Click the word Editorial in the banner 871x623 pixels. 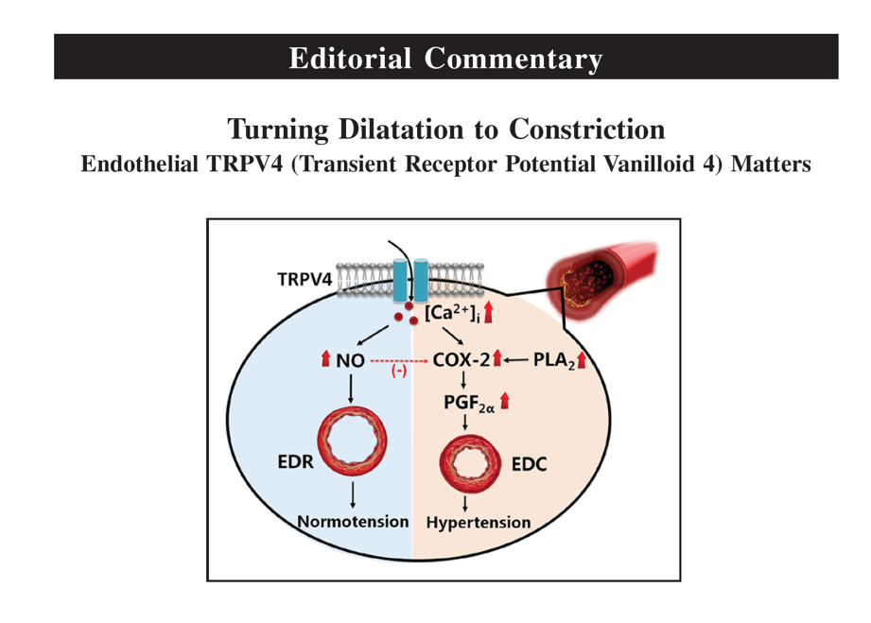(x=351, y=58)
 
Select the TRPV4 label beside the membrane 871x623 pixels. (x=305, y=279)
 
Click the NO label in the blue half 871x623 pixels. (x=350, y=360)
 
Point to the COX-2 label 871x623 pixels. (x=461, y=360)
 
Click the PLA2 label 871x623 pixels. (x=554, y=359)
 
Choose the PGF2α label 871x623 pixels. (x=467, y=402)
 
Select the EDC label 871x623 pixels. (x=530, y=464)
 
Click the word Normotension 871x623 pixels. (x=354, y=521)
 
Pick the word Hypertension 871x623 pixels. (x=479, y=522)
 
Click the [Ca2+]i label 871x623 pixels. (x=451, y=312)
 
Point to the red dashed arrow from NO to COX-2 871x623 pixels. (x=398, y=360)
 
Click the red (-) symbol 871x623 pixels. (x=399, y=372)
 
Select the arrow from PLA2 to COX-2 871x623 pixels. (x=518, y=360)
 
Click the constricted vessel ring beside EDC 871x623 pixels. (x=465, y=463)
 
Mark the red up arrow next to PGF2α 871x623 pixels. (x=506, y=401)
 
